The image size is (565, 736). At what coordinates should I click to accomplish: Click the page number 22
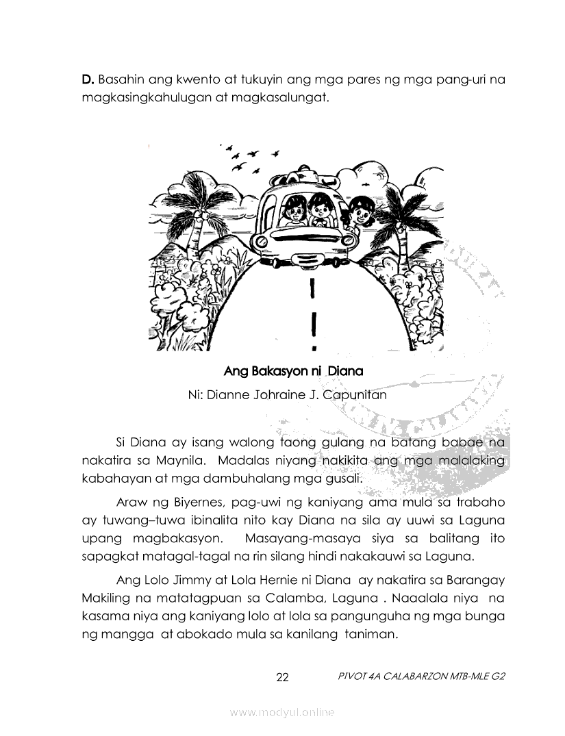click(x=282, y=678)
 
